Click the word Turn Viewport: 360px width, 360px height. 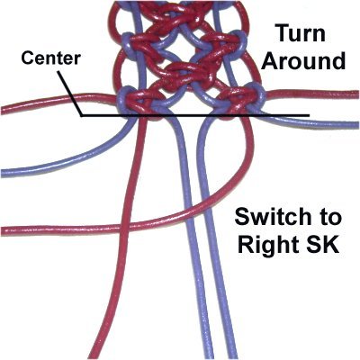coord(301,33)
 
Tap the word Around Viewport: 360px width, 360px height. coord(305,61)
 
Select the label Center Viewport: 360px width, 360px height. coord(50,58)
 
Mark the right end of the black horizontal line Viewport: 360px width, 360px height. coord(309,115)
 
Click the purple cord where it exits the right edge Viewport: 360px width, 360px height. coord(357,124)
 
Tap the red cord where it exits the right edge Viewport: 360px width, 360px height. coord(357,94)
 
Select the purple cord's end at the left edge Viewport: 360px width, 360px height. coord(3,173)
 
